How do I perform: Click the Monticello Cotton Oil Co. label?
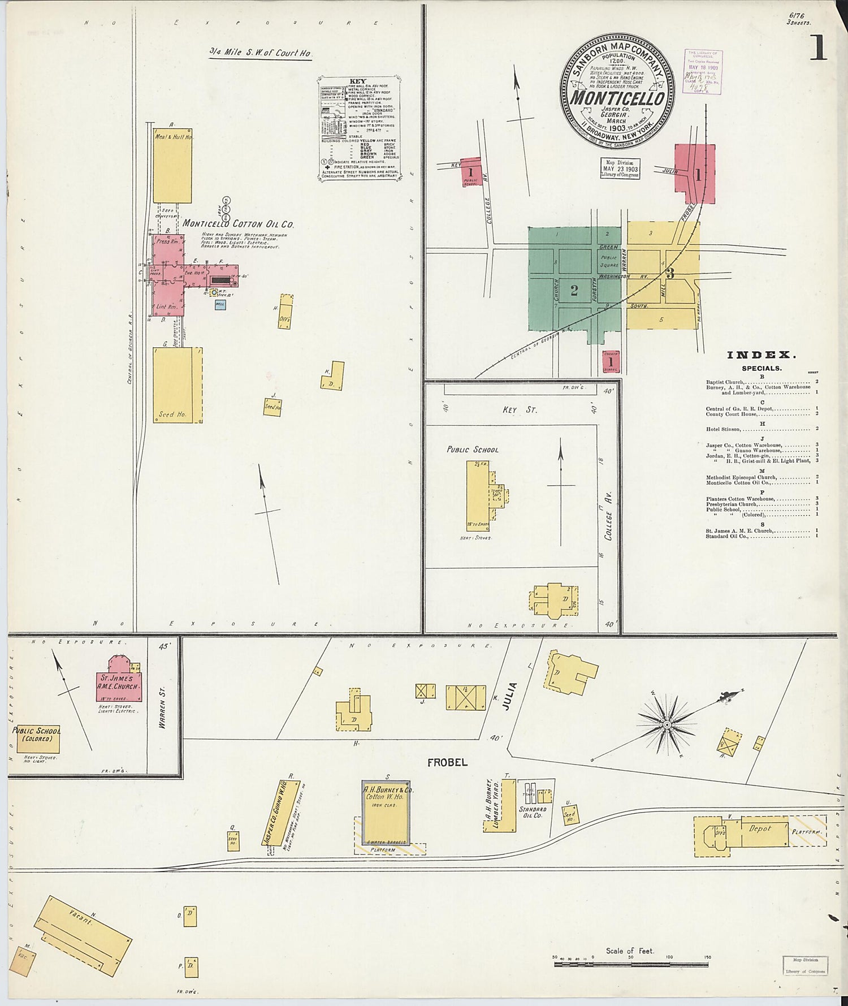click(238, 223)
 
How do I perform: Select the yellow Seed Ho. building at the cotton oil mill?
click(177, 385)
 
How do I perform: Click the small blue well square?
click(220, 304)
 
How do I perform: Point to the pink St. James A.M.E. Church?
click(118, 681)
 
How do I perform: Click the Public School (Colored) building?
click(38, 738)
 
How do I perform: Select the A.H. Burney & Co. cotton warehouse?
click(387, 813)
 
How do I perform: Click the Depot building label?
click(760, 828)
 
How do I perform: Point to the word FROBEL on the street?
click(447, 762)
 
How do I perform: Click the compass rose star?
click(667, 723)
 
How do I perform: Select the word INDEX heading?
click(762, 355)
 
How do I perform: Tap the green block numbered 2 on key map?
click(574, 291)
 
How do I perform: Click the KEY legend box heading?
click(358, 81)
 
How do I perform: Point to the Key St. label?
click(519, 409)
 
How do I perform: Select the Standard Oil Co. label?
click(533, 813)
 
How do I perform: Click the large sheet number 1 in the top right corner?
click(817, 48)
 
